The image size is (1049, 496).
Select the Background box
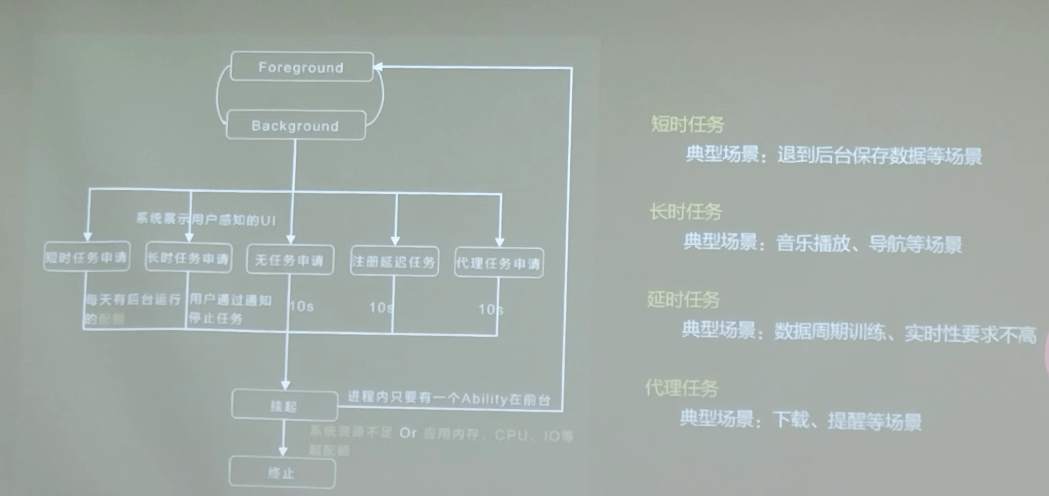(295, 125)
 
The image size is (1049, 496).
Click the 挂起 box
(284, 405)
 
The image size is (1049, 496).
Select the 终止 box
(282, 473)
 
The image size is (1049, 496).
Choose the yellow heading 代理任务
(682, 388)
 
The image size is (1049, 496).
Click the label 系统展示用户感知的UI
(206, 220)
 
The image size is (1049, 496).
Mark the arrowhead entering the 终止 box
(283, 451)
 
